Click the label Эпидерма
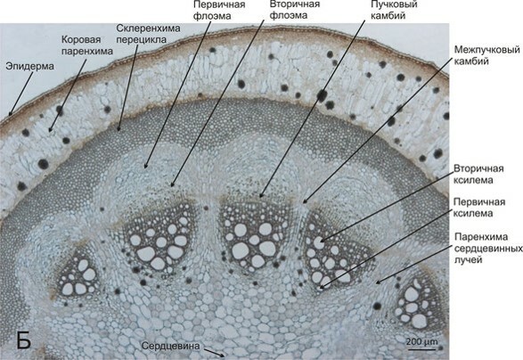(x=29, y=66)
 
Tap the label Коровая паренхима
(x=87, y=45)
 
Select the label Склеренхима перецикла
(x=148, y=34)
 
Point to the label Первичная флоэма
(x=219, y=10)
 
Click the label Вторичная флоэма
(x=295, y=10)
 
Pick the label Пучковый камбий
(x=394, y=10)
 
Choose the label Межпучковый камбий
(x=487, y=55)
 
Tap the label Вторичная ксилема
(x=478, y=174)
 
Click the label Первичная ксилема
(x=479, y=208)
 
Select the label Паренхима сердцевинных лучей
(x=488, y=248)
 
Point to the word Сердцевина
(x=170, y=346)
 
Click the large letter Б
(x=24, y=340)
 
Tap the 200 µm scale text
(x=421, y=341)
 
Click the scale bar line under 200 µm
(x=422, y=349)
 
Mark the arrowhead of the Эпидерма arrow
(x=11, y=113)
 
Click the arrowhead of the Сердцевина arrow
(x=222, y=355)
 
